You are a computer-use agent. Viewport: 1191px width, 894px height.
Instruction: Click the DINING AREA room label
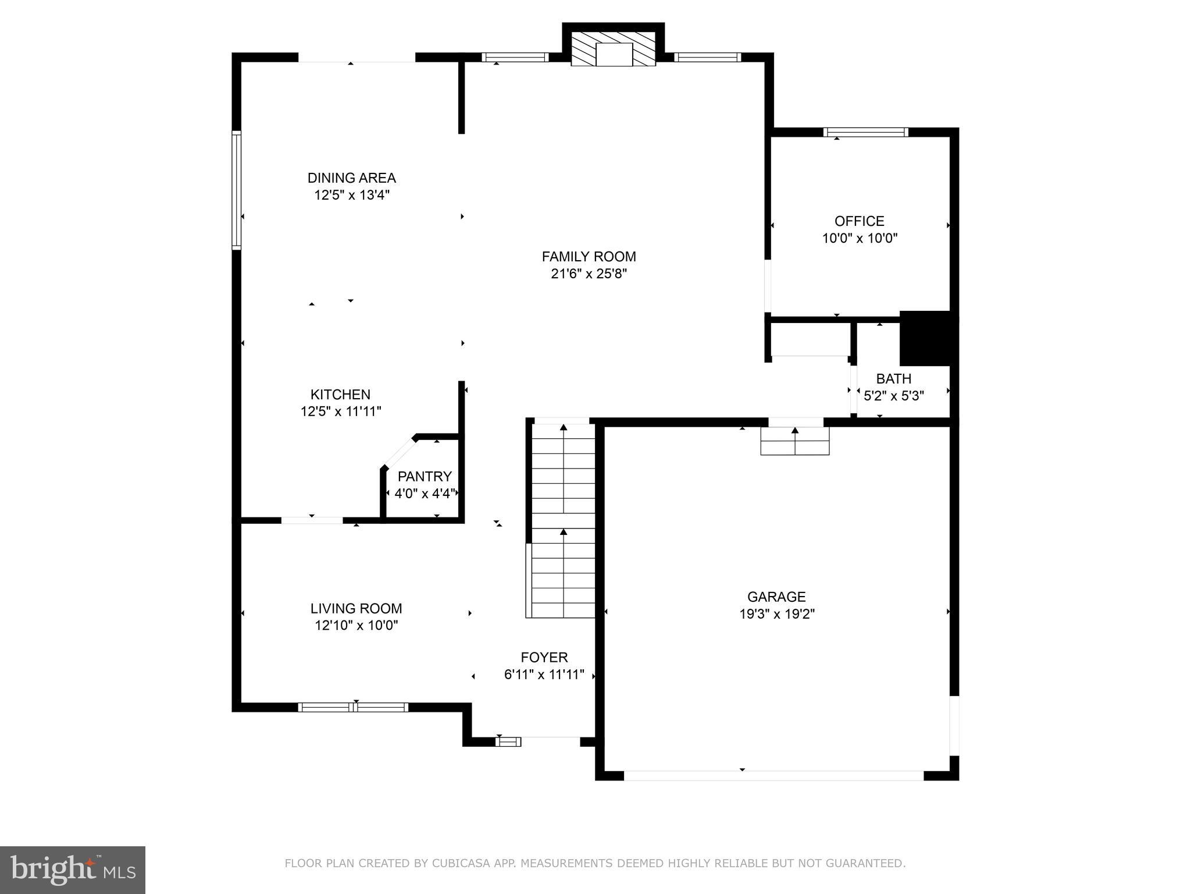click(351, 178)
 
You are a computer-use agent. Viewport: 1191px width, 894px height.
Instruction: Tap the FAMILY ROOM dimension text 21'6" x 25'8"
click(589, 274)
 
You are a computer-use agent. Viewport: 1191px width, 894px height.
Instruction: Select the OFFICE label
click(859, 221)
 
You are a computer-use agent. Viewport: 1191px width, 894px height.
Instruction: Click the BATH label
click(893, 379)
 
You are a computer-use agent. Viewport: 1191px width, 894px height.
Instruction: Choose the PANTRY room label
click(424, 477)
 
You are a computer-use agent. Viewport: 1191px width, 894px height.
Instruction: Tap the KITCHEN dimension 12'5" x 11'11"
click(340, 411)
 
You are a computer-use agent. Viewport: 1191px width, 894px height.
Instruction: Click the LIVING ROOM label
click(356, 609)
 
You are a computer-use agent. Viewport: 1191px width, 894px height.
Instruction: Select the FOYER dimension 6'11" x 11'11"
click(544, 675)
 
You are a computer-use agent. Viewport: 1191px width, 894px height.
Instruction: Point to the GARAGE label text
click(776, 597)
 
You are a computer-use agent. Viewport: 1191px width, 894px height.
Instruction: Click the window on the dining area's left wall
click(237, 190)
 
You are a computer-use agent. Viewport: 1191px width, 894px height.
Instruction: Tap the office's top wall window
click(865, 132)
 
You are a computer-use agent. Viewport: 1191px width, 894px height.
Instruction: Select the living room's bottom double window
click(353, 707)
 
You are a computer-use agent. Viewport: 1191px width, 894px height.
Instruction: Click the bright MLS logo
click(73, 870)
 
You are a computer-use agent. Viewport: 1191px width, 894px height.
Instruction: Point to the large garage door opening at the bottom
click(773, 775)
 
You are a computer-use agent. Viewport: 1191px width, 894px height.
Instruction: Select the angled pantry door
click(399, 452)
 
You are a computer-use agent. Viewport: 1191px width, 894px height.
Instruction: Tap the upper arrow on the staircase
click(563, 428)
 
